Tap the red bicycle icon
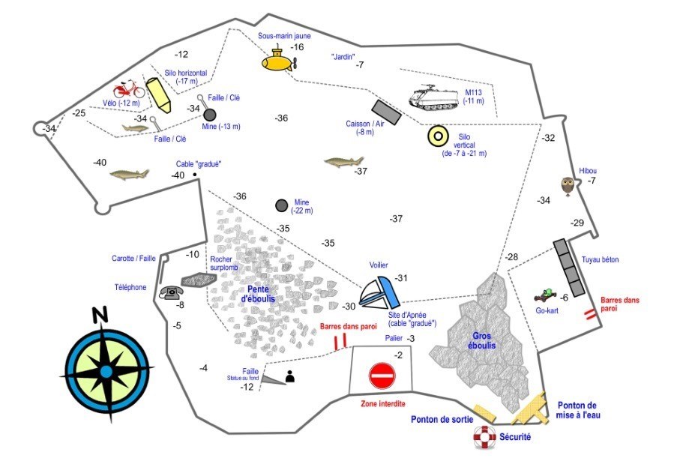coord(129,89)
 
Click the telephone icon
coord(172,292)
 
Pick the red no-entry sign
coord(382,376)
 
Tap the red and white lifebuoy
coord(484,437)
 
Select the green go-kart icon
coord(546,295)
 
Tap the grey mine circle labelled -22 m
coord(282,206)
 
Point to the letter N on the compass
coord(100,315)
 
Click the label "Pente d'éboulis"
coord(258,294)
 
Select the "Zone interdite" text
coord(383,404)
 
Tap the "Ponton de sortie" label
coord(442,419)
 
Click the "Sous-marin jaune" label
coord(284,36)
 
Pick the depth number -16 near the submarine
coord(297,47)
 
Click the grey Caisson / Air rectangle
coord(386,112)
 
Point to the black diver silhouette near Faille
coord(290,376)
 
